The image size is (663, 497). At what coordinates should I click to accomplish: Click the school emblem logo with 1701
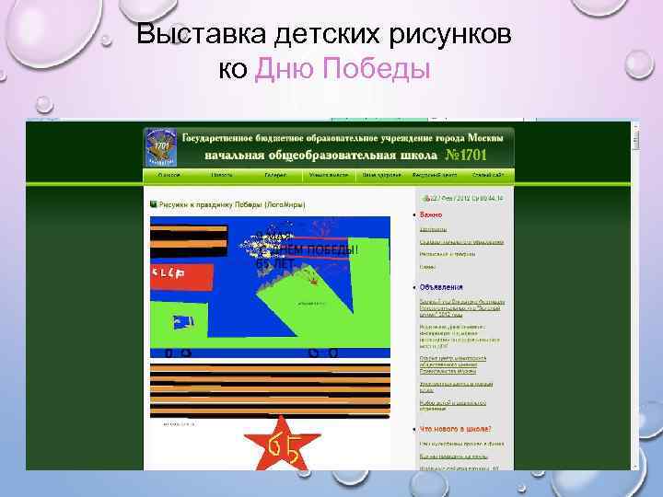pyautogui.click(x=162, y=145)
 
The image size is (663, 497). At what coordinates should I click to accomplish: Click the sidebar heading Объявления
pyautogui.click(x=444, y=287)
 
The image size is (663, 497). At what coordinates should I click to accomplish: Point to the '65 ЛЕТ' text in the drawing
pyautogui.click(x=273, y=264)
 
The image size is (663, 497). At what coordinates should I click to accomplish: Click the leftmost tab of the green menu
pyautogui.click(x=169, y=174)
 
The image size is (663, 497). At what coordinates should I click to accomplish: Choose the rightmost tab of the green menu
pyautogui.click(x=487, y=174)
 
